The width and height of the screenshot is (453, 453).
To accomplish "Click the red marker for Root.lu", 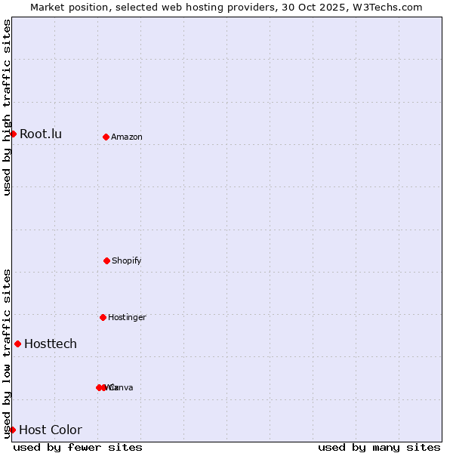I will click(13, 134).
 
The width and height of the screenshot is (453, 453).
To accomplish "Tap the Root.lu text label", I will click(41, 134).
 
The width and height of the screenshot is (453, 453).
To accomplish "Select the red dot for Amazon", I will click(106, 137).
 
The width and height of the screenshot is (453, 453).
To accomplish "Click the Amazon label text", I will click(127, 137).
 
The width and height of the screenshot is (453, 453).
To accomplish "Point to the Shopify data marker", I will click(106, 260).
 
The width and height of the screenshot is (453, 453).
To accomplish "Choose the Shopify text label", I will click(127, 261).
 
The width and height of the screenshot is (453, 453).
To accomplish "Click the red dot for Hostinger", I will click(103, 317).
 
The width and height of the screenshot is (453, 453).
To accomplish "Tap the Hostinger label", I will click(127, 318).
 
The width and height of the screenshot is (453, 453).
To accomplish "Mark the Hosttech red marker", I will click(17, 344).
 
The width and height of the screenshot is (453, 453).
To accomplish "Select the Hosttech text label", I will click(51, 344).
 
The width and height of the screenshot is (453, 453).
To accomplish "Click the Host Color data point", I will click(12, 430).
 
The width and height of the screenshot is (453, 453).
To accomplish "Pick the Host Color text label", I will click(51, 430).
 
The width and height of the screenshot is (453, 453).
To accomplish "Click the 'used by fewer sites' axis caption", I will click(78, 447).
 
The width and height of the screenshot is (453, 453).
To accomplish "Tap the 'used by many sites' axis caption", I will click(379, 447).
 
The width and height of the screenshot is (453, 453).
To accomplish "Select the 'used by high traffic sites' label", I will click(8, 107).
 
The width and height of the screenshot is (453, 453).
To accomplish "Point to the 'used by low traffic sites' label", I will click(8, 353).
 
